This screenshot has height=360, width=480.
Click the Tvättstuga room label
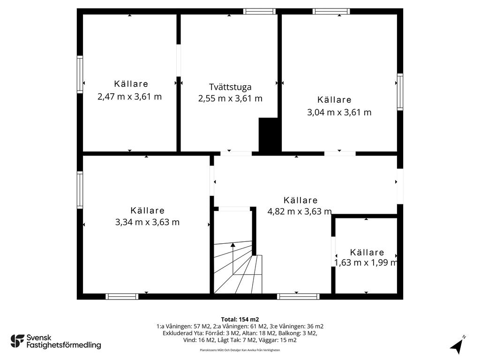click(x=230, y=87)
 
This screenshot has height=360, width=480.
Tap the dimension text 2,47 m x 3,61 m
click(x=129, y=97)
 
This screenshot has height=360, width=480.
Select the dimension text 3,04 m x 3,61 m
click(x=339, y=112)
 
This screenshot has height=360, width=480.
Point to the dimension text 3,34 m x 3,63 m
click(x=147, y=222)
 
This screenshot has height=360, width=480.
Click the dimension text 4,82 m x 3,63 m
click(x=300, y=211)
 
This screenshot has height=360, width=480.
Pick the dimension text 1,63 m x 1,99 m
click(x=366, y=262)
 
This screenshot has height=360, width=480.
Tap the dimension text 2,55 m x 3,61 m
click(x=230, y=98)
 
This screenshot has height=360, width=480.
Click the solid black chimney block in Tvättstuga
click(x=269, y=135)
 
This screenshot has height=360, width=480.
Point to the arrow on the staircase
click(x=233, y=258)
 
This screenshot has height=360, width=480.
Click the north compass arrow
click(x=457, y=346)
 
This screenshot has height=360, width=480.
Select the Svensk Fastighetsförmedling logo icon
click(x=17, y=341)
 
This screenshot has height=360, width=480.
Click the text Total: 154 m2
click(x=240, y=320)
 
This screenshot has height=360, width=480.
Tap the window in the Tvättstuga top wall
click(x=259, y=12)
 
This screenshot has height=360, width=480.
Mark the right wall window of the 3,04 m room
click(x=400, y=91)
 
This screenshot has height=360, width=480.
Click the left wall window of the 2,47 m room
click(x=80, y=75)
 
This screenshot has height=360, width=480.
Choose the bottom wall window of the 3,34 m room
click(x=122, y=296)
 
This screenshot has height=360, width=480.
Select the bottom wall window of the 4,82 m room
click(x=298, y=296)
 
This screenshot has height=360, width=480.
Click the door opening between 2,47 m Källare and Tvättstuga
click(x=179, y=60)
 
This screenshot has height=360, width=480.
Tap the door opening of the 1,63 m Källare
click(x=333, y=252)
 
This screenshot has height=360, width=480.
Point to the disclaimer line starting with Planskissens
click(x=240, y=350)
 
